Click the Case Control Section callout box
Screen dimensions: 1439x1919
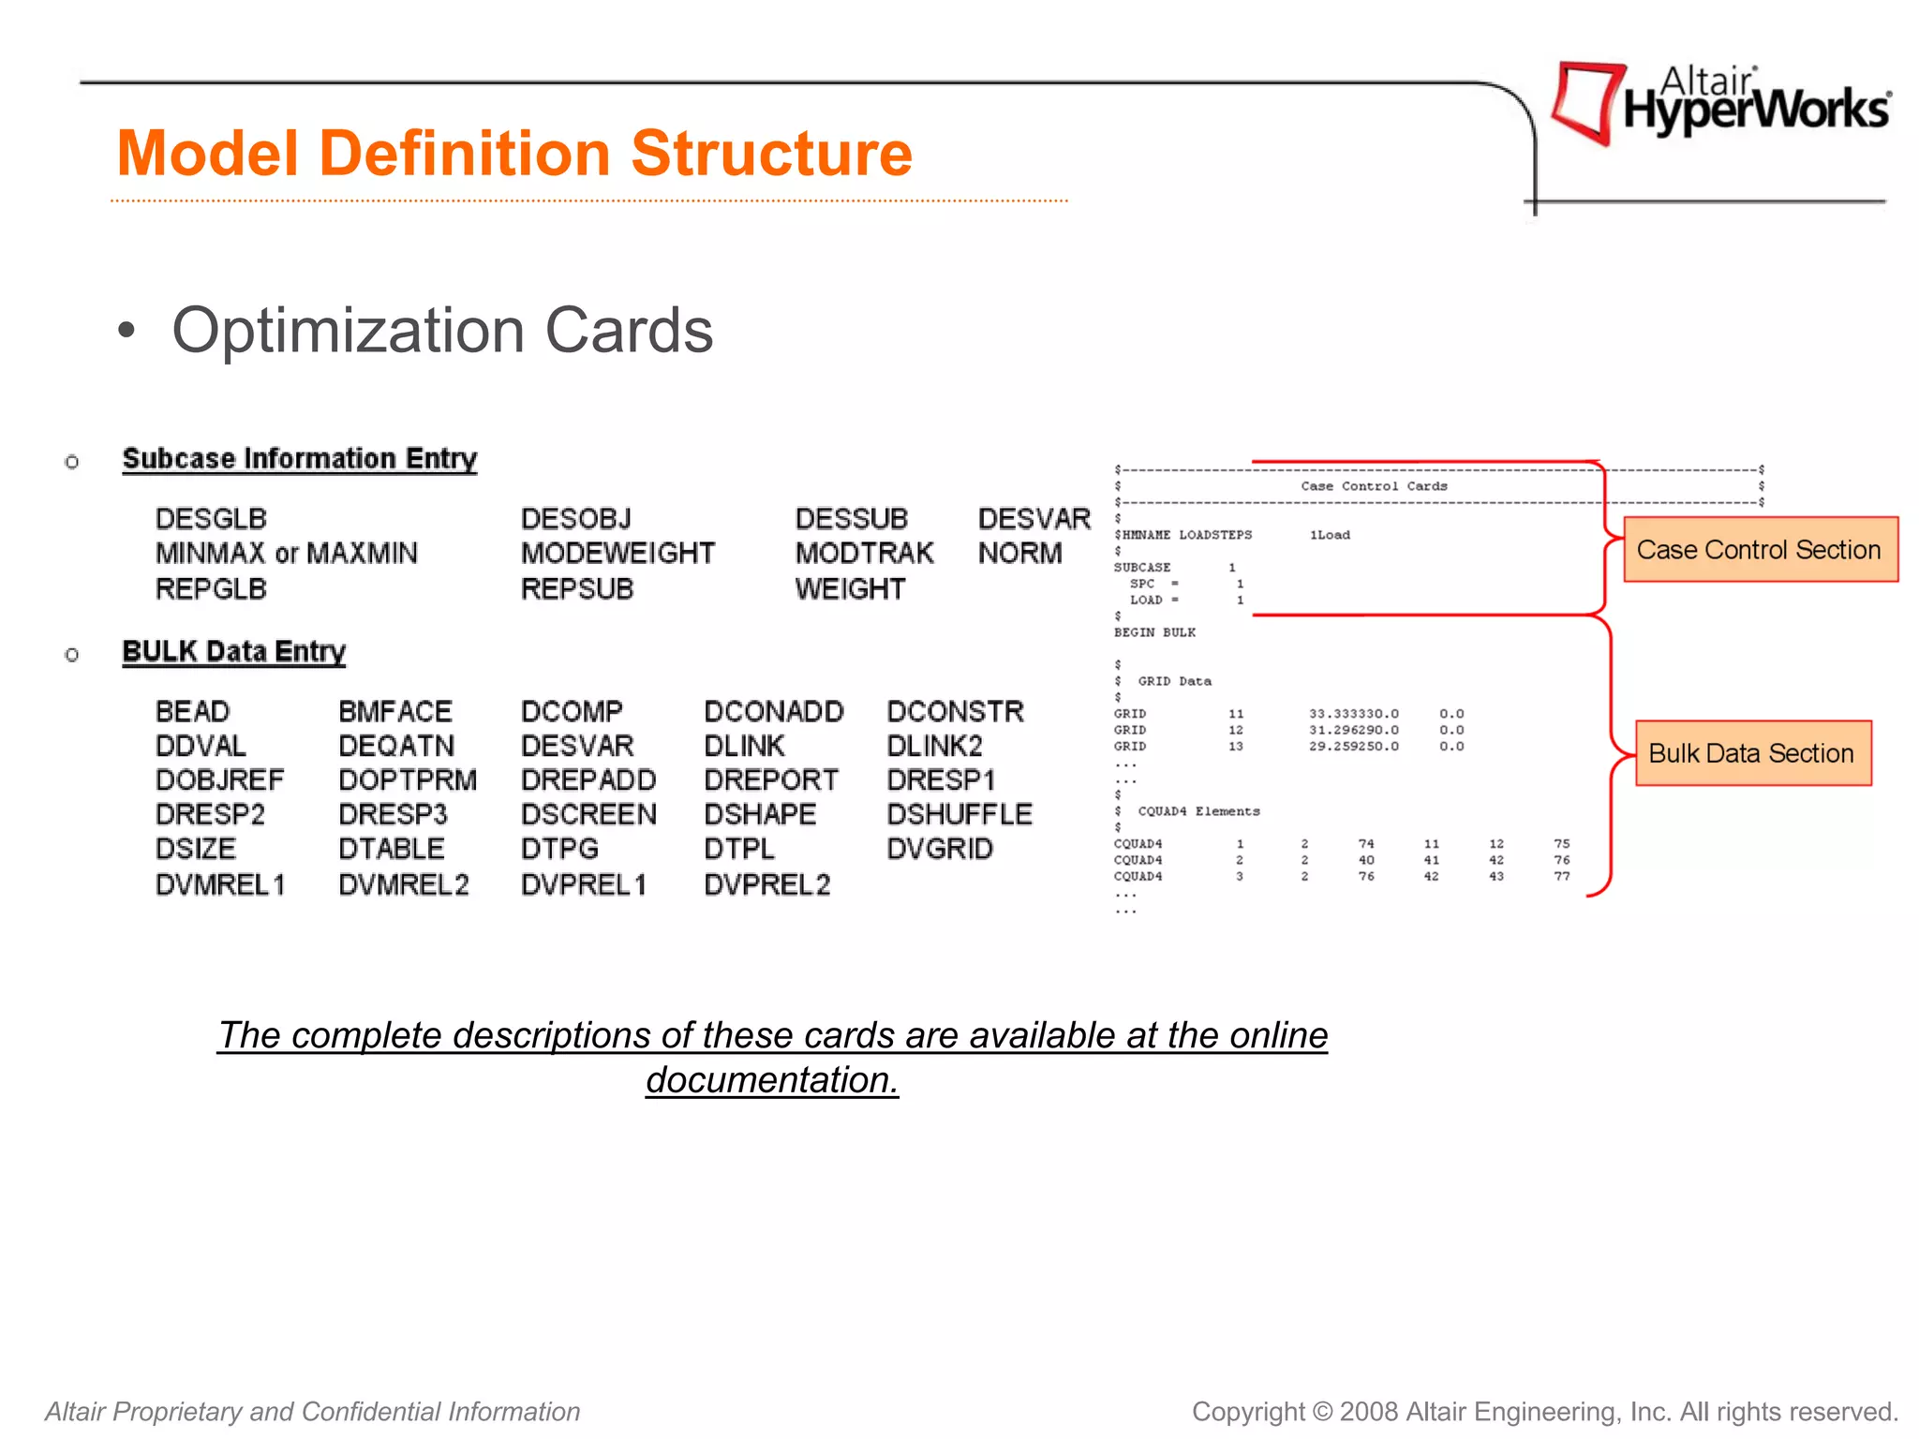tap(1760, 550)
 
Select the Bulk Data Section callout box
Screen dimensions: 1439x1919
tap(1752, 753)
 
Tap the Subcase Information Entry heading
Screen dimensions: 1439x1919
tap(300, 459)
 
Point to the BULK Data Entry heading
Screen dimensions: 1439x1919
tap(234, 652)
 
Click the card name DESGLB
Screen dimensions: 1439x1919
tap(211, 519)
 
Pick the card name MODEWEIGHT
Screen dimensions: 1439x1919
tap(617, 554)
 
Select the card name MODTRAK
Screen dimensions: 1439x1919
tap(864, 554)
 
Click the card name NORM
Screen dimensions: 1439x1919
tap(1019, 554)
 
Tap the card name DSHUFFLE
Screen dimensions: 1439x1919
tap(959, 814)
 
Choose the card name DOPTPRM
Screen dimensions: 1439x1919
tap(408, 780)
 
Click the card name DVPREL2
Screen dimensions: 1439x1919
tap(766, 884)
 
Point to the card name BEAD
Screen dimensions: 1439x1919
tap(192, 712)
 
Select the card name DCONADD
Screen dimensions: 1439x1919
tap(773, 712)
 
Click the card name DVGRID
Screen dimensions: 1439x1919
tap(940, 849)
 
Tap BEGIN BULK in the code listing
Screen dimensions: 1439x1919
tap(1154, 632)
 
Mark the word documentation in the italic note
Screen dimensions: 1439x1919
tap(771, 1080)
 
